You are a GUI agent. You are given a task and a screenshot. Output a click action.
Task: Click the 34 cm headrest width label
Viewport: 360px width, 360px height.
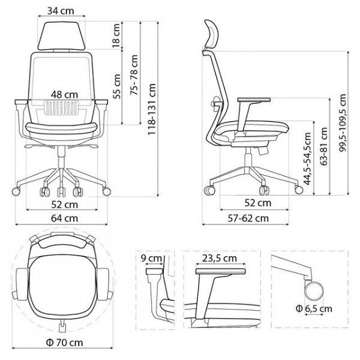coord(61,11)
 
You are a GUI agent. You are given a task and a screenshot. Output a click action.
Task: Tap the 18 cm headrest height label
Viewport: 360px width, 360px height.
coord(116,35)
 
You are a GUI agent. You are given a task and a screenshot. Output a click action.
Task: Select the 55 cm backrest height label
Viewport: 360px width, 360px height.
coord(116,86)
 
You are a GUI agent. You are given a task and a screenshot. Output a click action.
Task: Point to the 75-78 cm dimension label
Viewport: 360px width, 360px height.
coord(134,75)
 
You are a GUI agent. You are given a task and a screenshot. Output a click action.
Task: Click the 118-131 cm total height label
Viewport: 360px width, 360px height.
coord(152,109)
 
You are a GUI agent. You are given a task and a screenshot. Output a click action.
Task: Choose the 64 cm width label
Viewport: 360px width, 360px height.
coord(65,218)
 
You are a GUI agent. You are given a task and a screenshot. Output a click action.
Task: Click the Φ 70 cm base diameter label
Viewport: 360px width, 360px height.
coord(65,343)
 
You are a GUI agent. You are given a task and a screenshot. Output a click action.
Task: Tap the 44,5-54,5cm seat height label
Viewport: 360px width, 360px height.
coord(307,158)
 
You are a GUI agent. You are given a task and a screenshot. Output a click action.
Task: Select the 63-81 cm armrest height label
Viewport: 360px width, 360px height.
coord(324,146)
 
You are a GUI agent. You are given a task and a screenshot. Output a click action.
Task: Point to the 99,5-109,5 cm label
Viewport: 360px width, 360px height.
coord(343,122)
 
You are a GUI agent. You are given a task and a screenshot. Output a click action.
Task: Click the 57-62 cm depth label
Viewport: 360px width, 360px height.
coord(248,218)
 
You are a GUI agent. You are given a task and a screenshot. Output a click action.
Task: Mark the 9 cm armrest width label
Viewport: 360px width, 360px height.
coord(151,258)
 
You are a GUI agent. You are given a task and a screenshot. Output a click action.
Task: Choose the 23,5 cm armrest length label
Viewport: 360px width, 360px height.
coord(220,259)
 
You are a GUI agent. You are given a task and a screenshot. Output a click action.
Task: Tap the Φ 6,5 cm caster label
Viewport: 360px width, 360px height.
coord(314,308)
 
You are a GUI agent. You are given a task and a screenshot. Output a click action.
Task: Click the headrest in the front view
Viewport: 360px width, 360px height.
coord(62,36)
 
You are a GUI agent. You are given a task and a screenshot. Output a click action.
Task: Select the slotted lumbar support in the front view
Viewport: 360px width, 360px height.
coord(62,107)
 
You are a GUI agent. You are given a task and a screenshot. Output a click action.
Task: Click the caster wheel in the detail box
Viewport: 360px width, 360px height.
coord(314,291)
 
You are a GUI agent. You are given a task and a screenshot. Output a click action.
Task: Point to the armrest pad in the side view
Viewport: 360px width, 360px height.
coord(254,100)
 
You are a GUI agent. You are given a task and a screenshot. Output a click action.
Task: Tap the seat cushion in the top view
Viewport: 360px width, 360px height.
coord(62,283)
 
